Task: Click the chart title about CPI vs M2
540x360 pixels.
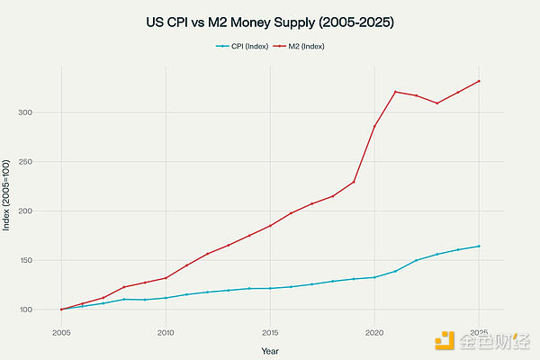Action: click(x=270, y=20)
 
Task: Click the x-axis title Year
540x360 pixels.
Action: click(x=270, y=350)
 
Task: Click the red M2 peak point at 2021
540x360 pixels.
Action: click(x=395, y=92)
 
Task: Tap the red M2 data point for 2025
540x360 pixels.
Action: click(x=479, y=81)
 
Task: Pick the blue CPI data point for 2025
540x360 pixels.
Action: click(x=479, y=246)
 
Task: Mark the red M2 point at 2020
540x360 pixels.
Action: click(x=374, y=126)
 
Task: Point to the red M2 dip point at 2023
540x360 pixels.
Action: click(x=436, y=103)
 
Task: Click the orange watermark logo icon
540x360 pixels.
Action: click(x=445, y=341)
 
